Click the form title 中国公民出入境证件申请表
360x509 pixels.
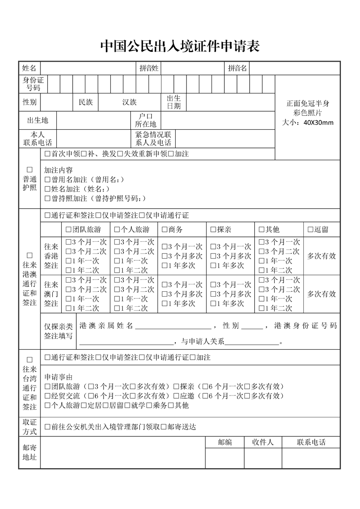click(x=180, y=46)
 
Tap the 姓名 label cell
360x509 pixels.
click(x=29, y=68)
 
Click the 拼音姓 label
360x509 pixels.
click(x=149, y=68)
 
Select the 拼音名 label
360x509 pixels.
click(x=237, y=68)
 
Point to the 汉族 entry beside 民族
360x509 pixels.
click(x=129, y=102)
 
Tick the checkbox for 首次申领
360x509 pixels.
click(x=48, y=154)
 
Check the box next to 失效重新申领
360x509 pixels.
click(x=120, y=154)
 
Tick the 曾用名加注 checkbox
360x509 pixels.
click(x=48, y=180)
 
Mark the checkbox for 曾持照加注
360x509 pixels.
click(x=48, y=198)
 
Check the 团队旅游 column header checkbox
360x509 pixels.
click(x=69, y=230)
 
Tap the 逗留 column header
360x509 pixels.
click(x=321, y=230)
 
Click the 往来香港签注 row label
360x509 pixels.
click(x=51, y=256)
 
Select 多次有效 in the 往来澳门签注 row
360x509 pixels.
click(x=321, y=294)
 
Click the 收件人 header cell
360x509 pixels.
click(x=262, y=442)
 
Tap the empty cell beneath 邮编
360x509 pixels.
click(x=224, y=458)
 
